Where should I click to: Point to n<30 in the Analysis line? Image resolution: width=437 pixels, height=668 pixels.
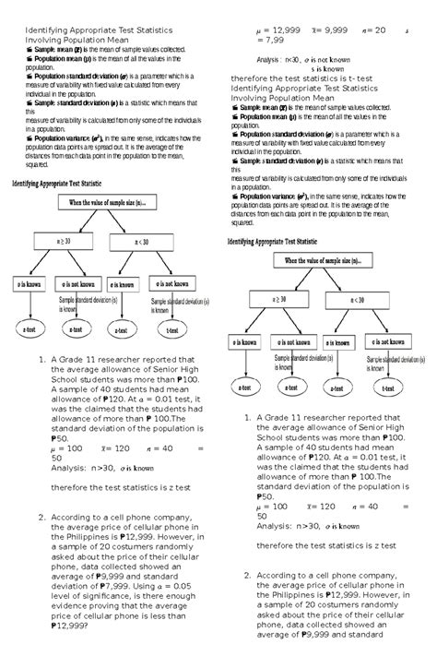(x=299, y=58)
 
